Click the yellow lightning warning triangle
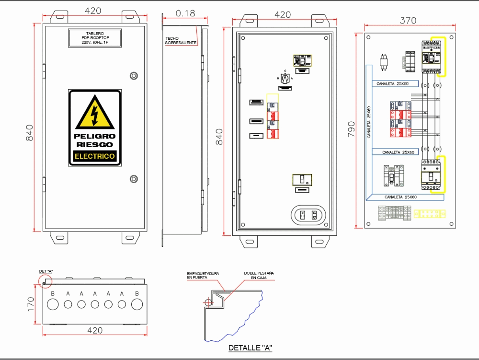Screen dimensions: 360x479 point(95,113)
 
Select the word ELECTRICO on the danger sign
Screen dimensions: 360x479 point(95,156)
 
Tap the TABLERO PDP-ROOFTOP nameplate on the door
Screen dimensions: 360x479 point(95,38)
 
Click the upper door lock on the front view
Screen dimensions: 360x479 point(134,75)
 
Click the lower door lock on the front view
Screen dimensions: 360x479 point(134,179)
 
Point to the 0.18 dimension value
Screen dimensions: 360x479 point(185,13)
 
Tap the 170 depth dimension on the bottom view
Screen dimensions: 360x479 point(30,304)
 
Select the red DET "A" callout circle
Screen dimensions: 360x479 point(45,281)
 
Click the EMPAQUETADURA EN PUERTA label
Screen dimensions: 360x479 point(203,276)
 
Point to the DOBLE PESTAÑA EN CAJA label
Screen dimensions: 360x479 point(259,275)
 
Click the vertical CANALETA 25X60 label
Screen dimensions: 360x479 point(369,122)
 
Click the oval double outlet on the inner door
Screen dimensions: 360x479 point(308,215)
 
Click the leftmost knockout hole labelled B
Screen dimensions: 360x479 point(53,304)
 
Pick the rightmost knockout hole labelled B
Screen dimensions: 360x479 point(137,304)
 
